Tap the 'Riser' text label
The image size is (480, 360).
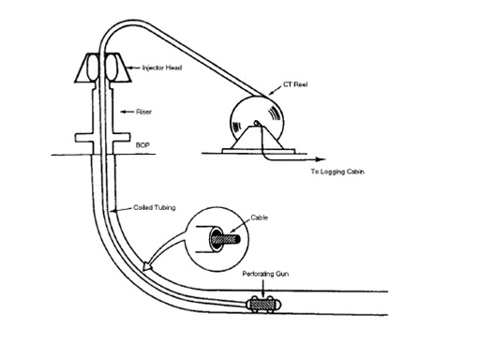(x=142, y=112)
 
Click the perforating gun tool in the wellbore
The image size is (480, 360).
(x=262, y=304)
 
